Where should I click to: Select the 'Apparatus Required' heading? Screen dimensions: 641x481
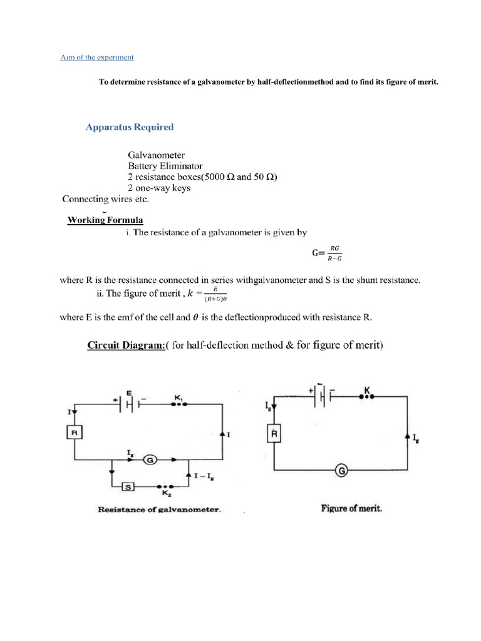tap(130, 127)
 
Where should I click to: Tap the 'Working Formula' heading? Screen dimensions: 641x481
tap(105, 220)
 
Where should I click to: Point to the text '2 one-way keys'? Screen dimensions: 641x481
tap(159, 188)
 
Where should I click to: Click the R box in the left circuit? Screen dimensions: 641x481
tap(75, 432)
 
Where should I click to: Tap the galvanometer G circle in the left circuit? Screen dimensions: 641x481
tap(150, 460)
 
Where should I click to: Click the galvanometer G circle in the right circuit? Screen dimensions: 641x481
tap(342, 469)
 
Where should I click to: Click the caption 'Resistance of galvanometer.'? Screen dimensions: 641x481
tap(159, 510)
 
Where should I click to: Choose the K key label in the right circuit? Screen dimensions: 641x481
tap(368, 391)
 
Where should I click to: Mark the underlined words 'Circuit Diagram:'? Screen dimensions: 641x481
tap(125, 345)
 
